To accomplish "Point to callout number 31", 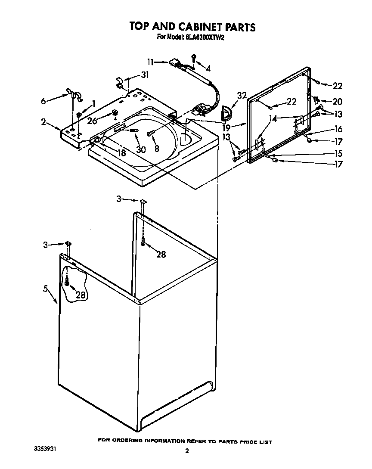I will click(144, 75).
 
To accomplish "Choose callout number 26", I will click(92, 121).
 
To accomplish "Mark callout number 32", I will click(242, 95).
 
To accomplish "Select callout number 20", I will click(338, 102).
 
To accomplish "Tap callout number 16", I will click(338, 129).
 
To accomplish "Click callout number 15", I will click(338, 153).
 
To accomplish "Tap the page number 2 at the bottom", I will click(187, 451).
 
